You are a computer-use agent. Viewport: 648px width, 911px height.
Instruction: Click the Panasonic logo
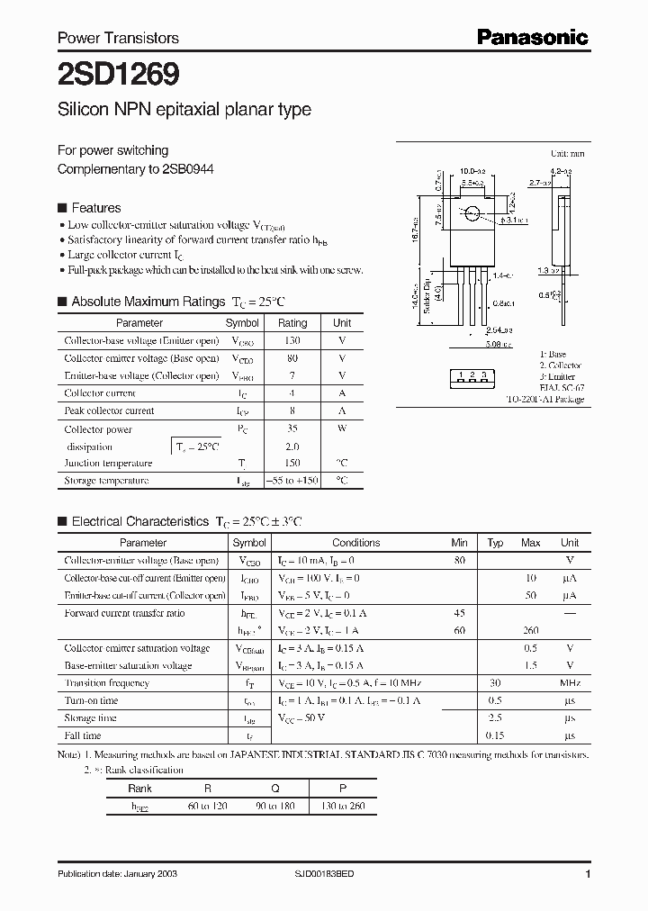(x=532, y=37)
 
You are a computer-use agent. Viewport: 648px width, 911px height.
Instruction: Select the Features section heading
(x=96, y=207)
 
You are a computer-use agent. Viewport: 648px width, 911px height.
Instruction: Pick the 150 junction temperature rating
(x=292, y=464)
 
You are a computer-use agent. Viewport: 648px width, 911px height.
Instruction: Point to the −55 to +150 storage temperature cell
(x=292, y=481)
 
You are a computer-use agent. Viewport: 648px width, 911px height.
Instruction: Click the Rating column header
(x=292, y=322)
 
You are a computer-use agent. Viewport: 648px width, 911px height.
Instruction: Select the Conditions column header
(x=356, y=543)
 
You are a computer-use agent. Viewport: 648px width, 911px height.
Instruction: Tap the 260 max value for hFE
(x=530, y=630)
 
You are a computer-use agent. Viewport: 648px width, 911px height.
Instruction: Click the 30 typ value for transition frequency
(x=494, y=683)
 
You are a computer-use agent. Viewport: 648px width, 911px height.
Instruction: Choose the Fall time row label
(x=83, y=735)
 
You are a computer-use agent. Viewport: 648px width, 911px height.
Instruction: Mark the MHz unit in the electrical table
(x=569, y=683)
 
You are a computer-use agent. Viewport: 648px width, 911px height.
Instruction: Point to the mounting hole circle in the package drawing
(x=472, y=213)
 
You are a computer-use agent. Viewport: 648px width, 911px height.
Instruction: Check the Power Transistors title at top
(x=118, y=38)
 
